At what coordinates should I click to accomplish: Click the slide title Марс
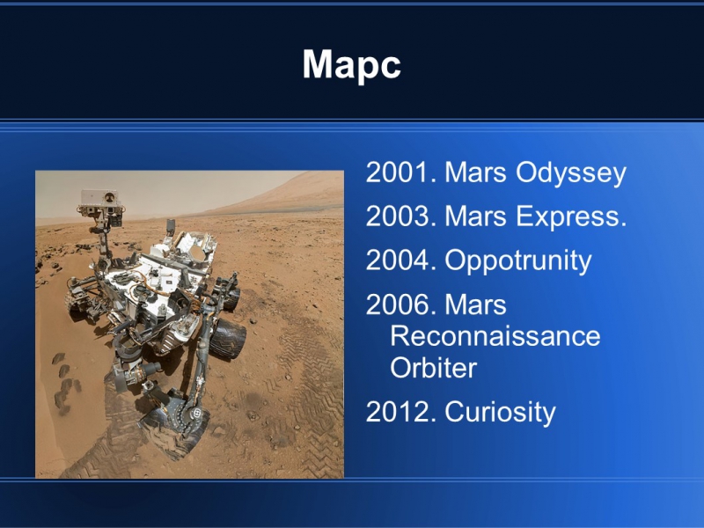coord(351,65)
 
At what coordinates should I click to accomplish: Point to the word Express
coord(570,216)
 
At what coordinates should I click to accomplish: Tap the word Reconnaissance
coord(495,336)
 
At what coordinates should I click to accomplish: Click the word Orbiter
coord(433,368)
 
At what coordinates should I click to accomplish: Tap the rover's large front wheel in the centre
coord(227,338)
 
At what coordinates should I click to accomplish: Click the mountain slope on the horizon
coord(288,191)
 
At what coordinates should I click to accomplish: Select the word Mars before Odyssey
coord(475,172)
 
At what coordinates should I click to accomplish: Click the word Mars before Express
coord(475,216)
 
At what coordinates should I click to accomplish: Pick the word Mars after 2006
coord(475,304)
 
